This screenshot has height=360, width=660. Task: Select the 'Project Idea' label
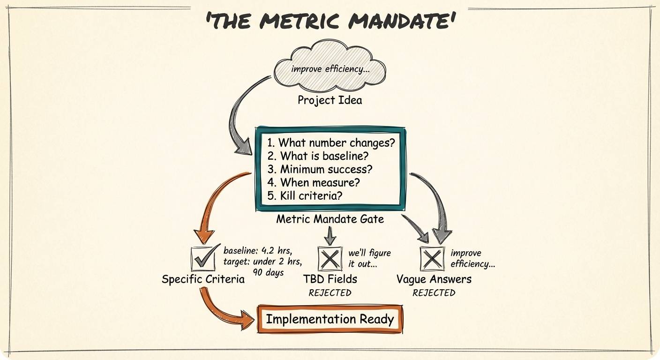330,100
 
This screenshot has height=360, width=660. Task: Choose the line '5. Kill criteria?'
305,195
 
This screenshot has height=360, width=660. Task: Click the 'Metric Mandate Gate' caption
330,218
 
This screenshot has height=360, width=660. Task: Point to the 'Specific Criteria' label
203,279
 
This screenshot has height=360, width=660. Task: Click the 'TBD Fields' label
330,279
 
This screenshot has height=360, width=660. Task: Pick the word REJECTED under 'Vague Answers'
434,293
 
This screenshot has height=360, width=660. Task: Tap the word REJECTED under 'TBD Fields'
330,293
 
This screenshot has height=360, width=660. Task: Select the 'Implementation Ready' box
330,319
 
